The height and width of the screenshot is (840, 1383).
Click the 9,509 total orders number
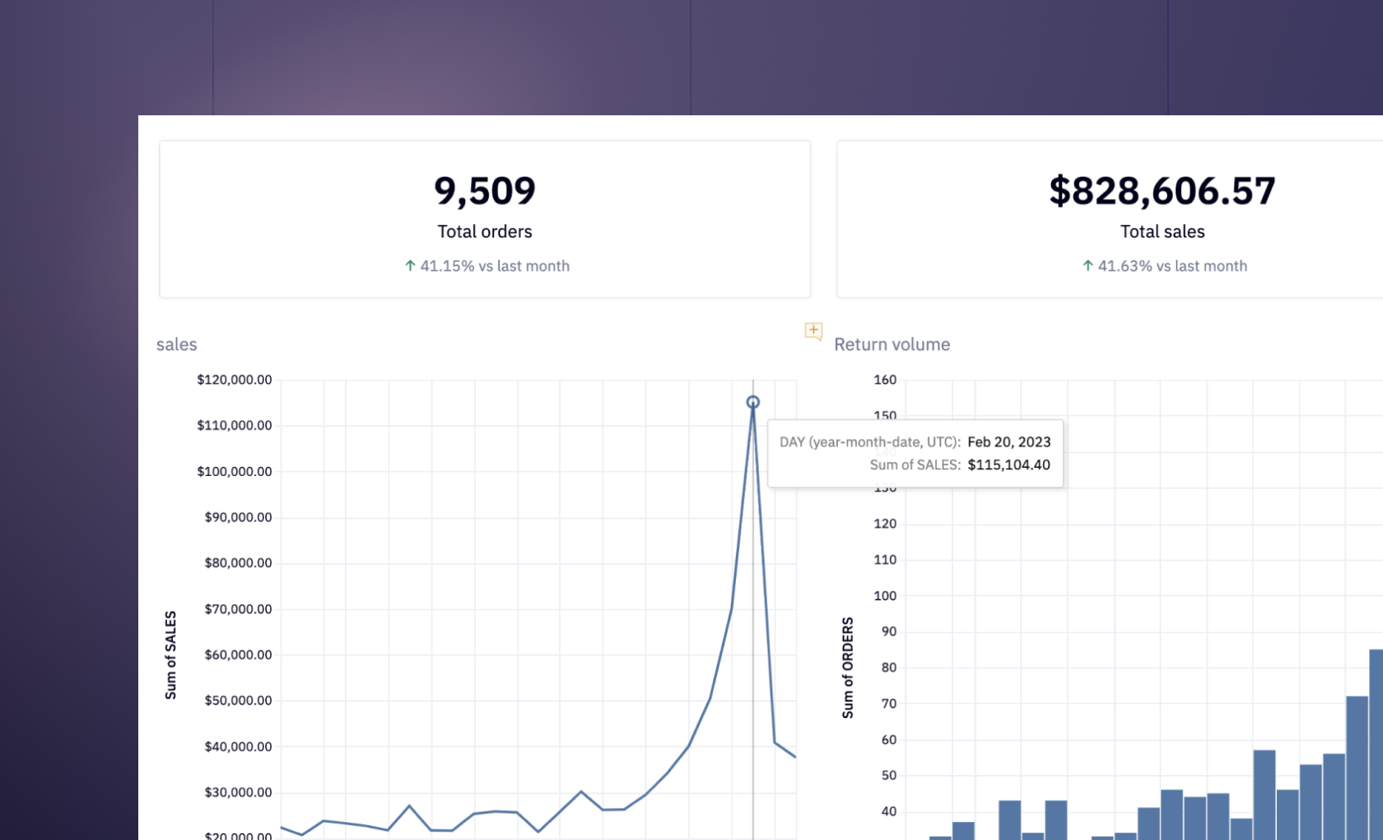click(x=484, y=191)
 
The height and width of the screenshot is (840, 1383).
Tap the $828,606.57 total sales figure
click(x=1162, y=191)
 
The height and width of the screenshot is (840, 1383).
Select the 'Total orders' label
click(x=484, y=232)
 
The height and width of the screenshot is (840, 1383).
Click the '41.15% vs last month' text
click(x=494, y=266)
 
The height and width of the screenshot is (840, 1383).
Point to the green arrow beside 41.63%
click(x=1087, y=265)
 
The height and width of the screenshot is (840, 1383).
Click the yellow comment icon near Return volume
click(x=813, y=331)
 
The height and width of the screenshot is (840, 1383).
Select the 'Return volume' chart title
click(x=892, y=344)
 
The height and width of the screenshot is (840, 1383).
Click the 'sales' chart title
click(x=176, y=344)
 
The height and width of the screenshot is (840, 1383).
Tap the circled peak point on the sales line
click(x=752, y=402)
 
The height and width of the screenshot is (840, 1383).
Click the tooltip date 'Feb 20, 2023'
click(x=1008, y=442)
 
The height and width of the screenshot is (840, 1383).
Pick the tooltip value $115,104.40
click(x=1008, y=465)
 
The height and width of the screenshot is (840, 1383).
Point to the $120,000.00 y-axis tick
click(x=234, y=380)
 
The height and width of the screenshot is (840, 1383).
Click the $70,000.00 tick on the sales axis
click(x=238, y=609)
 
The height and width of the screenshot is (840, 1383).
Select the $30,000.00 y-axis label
click(x=238, y=792)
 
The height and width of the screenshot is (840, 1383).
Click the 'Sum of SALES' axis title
click(x=170, y=655)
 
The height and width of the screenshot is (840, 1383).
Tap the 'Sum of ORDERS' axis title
click(x=847, y=667)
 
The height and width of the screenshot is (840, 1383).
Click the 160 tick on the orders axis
click(x=885, y=380)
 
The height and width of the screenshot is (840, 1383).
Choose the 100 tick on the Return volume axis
click(x=885, y=595)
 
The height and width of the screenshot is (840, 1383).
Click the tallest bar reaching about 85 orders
click(x=1376, y=741)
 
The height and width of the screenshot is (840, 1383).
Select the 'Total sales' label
click(x=1162, y=232)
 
